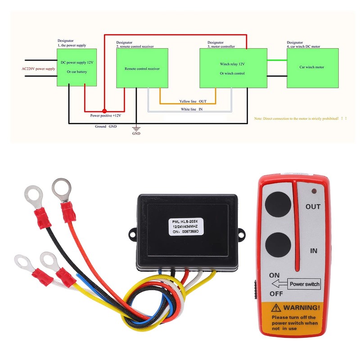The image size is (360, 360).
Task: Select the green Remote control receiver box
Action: coord(142,68)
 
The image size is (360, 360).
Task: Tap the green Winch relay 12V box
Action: coord(232,68)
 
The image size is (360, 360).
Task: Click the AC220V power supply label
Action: coord(38,69)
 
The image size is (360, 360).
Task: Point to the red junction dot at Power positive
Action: coord(104,111)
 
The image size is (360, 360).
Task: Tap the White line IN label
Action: coord(192,109)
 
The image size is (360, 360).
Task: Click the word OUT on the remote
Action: coord(313,207)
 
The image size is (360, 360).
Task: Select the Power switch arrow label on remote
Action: coord(295,284)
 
